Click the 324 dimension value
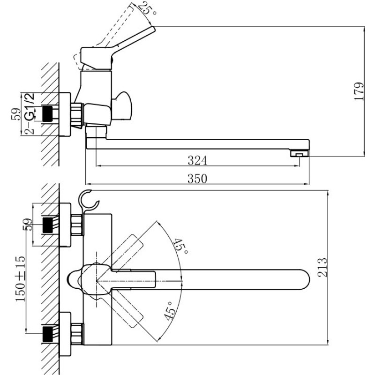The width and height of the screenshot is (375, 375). tap(197, 161)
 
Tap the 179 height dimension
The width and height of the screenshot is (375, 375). tap(359, 92)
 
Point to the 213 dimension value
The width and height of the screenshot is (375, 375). tap(322, 267)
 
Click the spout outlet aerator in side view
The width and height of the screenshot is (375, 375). tap(298, 153)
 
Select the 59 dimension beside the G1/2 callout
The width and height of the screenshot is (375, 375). tap(15, 114)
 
